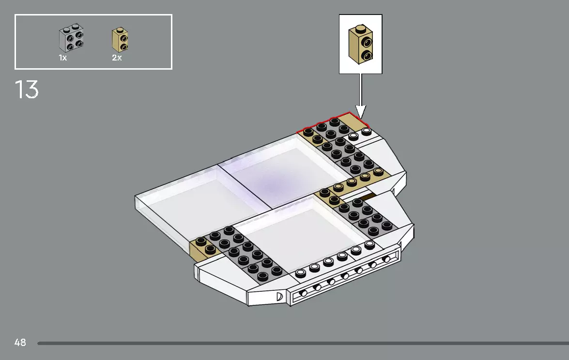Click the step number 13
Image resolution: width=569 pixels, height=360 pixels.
click(x=27, y=90)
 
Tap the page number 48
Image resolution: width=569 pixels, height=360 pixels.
click(x=20, y=343)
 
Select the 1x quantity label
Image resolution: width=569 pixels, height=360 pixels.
click(x=63, y=58)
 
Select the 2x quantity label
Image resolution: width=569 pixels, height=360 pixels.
click(x=117, y=58)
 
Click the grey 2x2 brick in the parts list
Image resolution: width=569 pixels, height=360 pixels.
click(x=71, y=39)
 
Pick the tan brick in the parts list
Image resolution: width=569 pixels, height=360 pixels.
click(x=121, y=40)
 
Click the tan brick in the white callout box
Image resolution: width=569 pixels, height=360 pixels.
click(x=360, y=44)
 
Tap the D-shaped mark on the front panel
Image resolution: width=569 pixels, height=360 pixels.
click(x=279, y=296)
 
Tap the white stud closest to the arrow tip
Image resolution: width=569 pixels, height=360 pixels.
click(x=367, y=131)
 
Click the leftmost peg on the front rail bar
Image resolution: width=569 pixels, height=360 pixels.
click(x=304, y=293)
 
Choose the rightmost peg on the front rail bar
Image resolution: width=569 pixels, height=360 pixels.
click(x=386, y=260)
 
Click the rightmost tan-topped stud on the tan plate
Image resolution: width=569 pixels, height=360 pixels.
click(x=378, y=171)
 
